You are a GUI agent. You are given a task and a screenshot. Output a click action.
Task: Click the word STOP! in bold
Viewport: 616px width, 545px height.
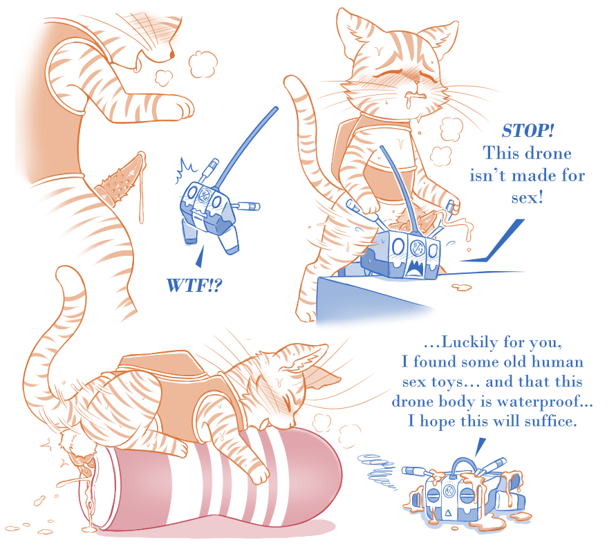pos(528,131)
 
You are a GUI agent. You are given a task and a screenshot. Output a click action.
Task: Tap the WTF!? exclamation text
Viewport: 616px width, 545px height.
pos(194,286)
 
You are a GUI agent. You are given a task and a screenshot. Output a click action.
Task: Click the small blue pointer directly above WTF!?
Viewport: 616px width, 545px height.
pos(200,257)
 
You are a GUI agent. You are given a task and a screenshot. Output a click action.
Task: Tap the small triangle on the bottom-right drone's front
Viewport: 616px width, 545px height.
pos(448,512)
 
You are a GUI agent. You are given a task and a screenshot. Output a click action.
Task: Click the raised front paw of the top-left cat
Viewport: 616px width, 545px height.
pos(180,108)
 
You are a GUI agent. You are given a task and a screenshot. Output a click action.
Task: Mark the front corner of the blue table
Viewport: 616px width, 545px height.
pos(318,278)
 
